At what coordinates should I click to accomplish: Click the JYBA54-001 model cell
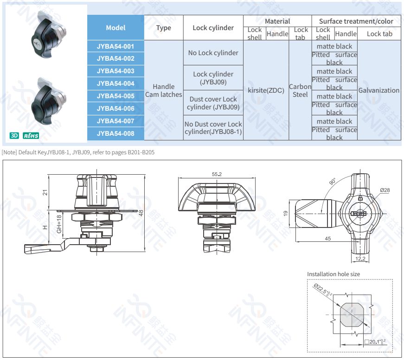(115, 46)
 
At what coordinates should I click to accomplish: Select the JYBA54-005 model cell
(115, 96)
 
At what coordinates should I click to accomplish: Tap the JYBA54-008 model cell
(115, 134)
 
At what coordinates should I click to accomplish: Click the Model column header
(115, 28)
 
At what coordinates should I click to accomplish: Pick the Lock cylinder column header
(213, 28)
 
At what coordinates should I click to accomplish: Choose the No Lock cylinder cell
(213, 53)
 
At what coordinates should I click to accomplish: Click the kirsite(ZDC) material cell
(266, 90)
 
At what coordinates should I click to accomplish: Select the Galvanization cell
(378, 90)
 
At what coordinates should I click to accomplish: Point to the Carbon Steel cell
(300, 90)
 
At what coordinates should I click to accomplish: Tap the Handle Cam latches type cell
(163, 90)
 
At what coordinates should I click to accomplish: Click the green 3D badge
(14, 136)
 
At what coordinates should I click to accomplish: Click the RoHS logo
(31, 136)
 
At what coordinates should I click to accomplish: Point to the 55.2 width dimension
(217, 174)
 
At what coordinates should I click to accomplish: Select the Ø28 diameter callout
(385, 190)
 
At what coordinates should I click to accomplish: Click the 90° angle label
(333, 182)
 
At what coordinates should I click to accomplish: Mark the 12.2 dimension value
(360, 258)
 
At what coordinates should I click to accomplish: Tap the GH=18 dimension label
(59, 224)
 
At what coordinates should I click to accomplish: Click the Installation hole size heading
(333, 274)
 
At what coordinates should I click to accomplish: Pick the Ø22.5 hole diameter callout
(323, 291)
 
